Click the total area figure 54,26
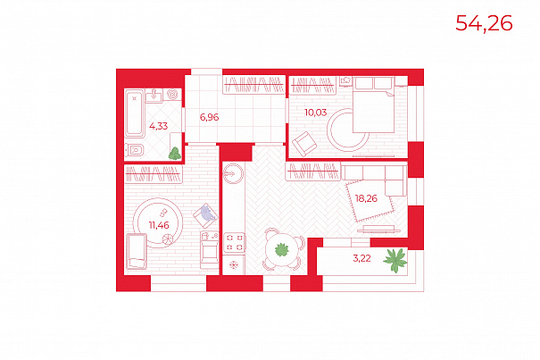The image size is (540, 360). pyautogui.click(x=484, y=23)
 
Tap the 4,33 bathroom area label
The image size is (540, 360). pyautogui.click(x=158, y=126)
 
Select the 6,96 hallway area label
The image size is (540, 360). pyautogui.click(x=210, y=117)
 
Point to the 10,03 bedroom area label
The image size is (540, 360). pyautogui.click(x=315, y=113)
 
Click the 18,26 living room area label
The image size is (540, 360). pyautogui.click(x=366, y=198)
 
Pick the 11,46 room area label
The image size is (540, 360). pyautogui.click(x=159, y=225)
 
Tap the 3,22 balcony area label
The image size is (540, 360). pyautogui.click(x=361, y=258)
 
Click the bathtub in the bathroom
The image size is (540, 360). pyautogui.click(x=134, y=113)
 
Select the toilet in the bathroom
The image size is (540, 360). pyautogui.click(x=135, y=150)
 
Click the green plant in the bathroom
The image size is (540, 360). pyautogui.click(x=175, y=154)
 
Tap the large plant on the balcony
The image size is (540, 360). pyautogui.click(x=395, y=260)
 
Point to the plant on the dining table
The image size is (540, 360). pyautogui.click(x=282, y=249)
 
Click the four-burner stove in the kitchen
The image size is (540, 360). pyautogui.click(x=234, y=242)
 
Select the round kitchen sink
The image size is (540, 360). pyautogui.click(x=233, y=173)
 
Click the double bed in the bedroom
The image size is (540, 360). pyautogui.click(x=374, y=105)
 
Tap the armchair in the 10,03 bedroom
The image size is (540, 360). pyautogui.click(x=304, y=144)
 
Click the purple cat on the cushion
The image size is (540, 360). pyautogui.click(x=207, y=213)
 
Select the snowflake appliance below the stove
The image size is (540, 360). pyautogui.click(x=234, y=264)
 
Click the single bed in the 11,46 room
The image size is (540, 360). pyautogui.click(x=137, y=251)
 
